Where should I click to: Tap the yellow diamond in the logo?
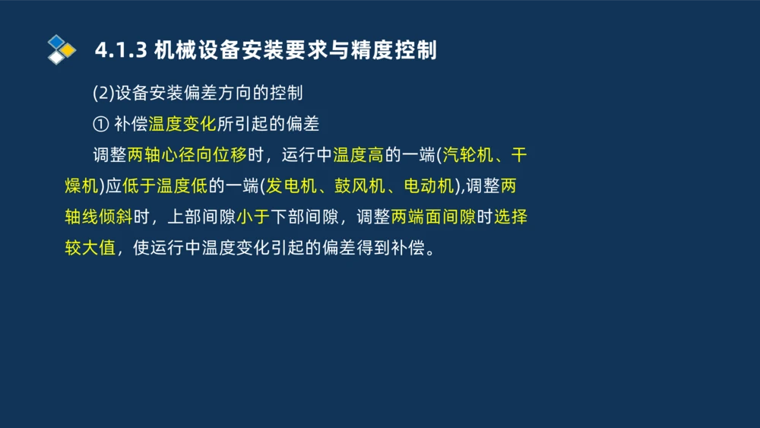[x=68, y=50]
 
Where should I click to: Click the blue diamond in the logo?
[x=55, y=42]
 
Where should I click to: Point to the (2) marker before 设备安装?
[x=103, y=94]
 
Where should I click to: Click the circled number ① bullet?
[x=100, y=124]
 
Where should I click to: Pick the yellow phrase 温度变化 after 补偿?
[x=182, y=124]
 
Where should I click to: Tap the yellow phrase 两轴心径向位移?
[x=188, y=155]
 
